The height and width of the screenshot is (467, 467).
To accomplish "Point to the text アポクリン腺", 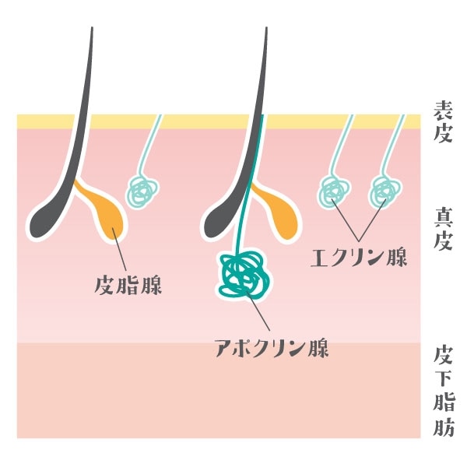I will [272, 346].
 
